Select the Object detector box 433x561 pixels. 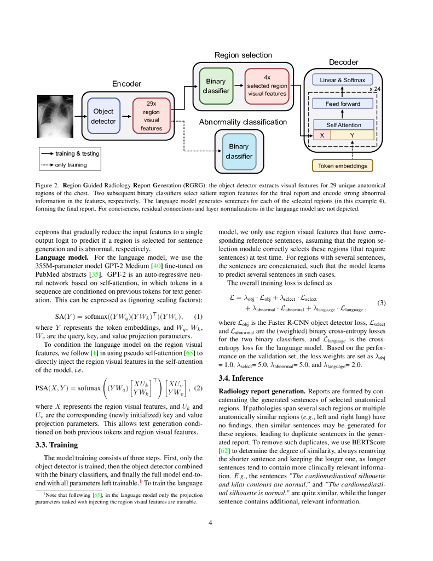coord(103,116)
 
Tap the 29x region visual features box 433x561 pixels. coord(151,116)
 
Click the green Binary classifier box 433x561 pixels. coord(216,86)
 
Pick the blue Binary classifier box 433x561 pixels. coord(239,151)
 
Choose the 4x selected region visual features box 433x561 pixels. coord(267,85)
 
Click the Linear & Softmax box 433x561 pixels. coord(342,80)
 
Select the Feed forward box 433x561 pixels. coord(342,104)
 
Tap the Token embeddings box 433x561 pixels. coord(342,165)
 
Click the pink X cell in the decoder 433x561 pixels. coord(322,135)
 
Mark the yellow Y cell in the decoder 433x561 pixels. coord(352,135)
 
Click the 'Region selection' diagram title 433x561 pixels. coord(243,55)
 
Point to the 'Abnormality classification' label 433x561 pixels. coord(243,122)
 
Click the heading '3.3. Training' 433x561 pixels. coord(56,444)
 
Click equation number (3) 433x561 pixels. coord(382,302)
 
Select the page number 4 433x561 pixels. coord(210,522)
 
